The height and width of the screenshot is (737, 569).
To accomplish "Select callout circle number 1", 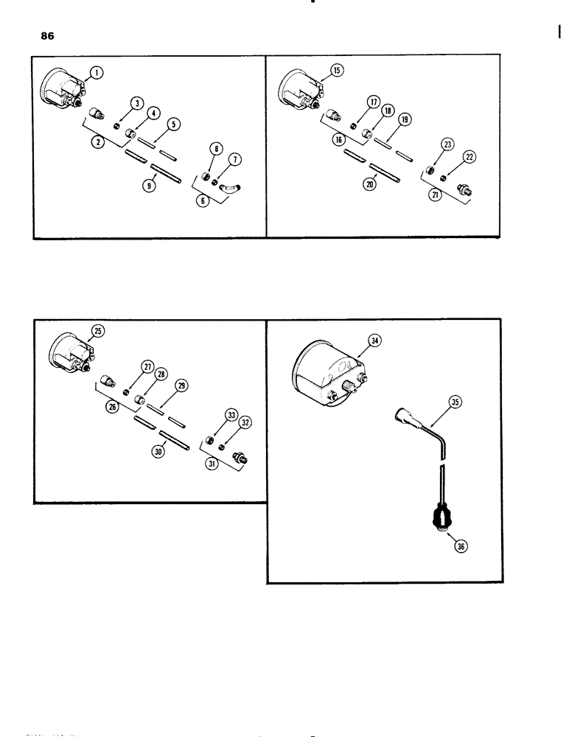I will tap(97, 72).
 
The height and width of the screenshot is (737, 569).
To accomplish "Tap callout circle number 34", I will tap(374, 340).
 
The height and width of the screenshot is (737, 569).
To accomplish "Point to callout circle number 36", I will tap(461, 546).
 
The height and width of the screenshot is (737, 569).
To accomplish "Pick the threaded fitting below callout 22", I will tap(466, 189).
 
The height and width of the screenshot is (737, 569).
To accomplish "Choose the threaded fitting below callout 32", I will tap(240, 458).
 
